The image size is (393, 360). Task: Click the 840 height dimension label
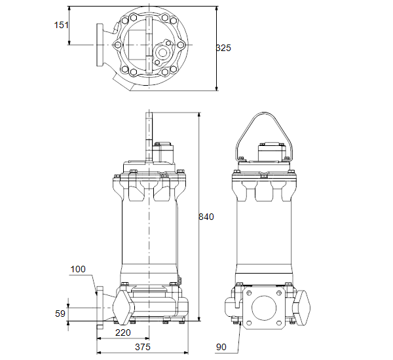point(206,217)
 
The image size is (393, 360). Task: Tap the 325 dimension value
point(223,48)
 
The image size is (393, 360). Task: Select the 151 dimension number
point(61,25)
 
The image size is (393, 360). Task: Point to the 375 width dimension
point(143,347)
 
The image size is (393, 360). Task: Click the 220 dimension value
point(123,333)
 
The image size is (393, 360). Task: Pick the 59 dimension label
point(60,314)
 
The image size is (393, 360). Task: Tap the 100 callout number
point(78,269)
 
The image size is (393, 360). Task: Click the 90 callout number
point(221,347)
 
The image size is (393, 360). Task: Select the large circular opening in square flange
point(264,308)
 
